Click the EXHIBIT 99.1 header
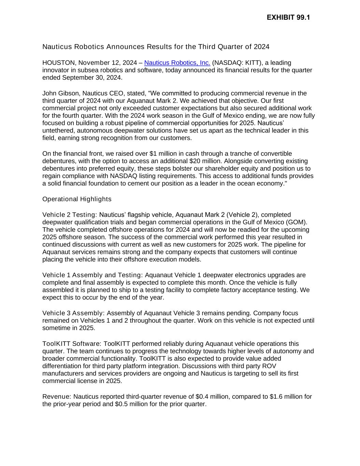(288, 17)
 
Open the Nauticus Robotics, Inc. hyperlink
(177, 63)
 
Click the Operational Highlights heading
(77, 199)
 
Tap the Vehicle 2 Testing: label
(70, 215)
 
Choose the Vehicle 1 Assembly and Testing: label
(92, 275)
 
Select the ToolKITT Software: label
(72, 344)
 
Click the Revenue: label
(57, 397)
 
